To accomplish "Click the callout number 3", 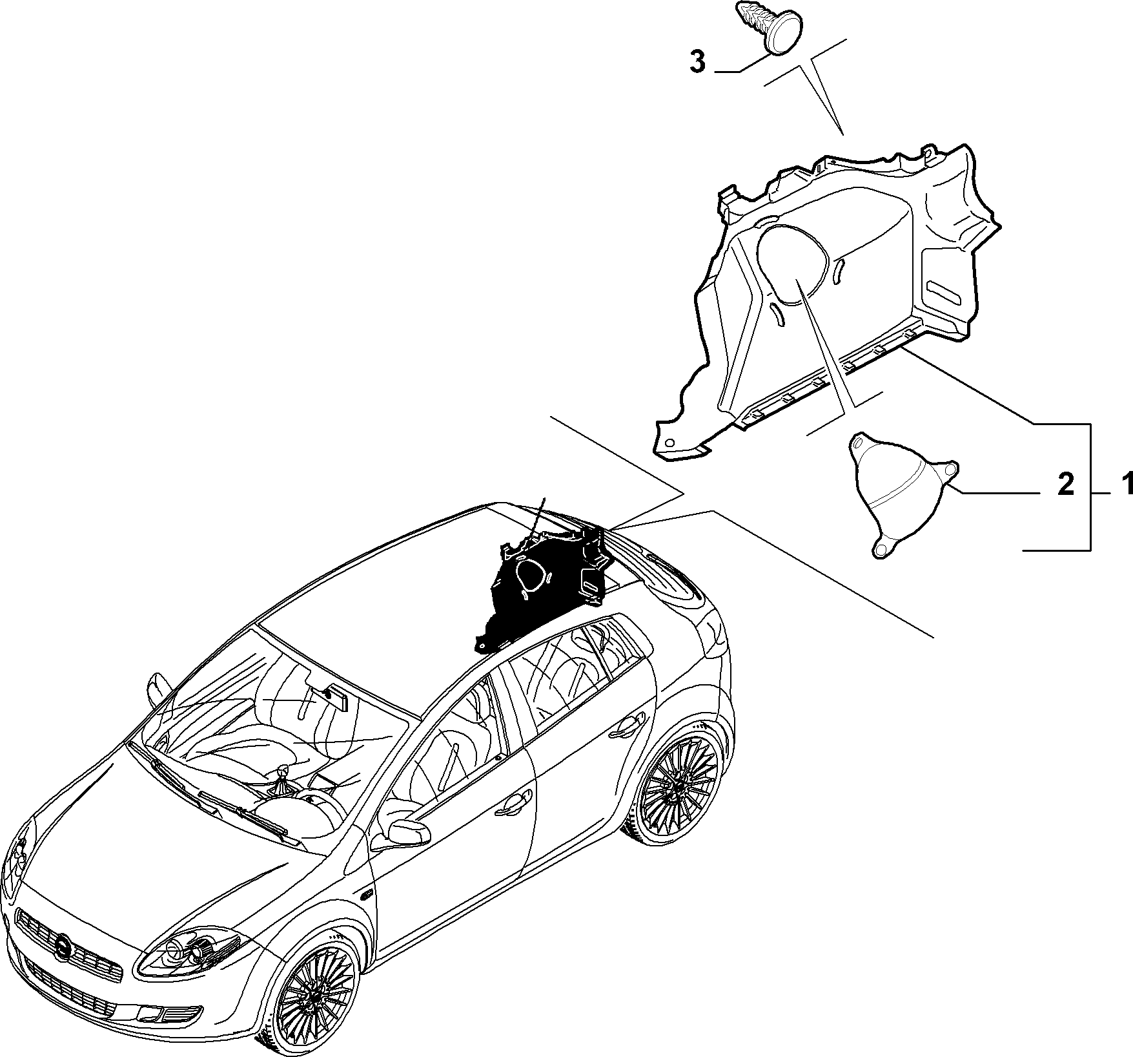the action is (698, 63).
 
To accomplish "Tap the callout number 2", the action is (1066, 484).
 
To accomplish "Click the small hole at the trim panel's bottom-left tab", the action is (669, 443).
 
